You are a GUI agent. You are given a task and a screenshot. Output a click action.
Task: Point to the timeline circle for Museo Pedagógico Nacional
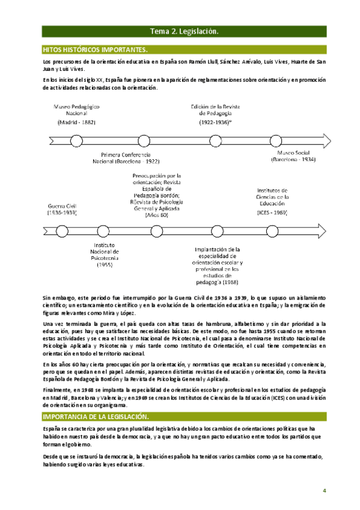(x=76, y=141)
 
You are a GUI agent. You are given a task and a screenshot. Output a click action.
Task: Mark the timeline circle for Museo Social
(x=275, y=141)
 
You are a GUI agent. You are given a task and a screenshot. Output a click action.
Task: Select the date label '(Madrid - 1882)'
(x=76, y=122)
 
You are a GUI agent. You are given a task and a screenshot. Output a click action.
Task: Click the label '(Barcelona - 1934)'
(x=293, y=160)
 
